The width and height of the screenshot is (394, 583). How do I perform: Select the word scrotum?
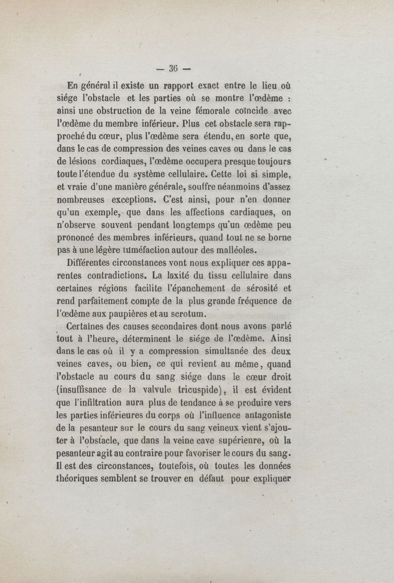[189, 316]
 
